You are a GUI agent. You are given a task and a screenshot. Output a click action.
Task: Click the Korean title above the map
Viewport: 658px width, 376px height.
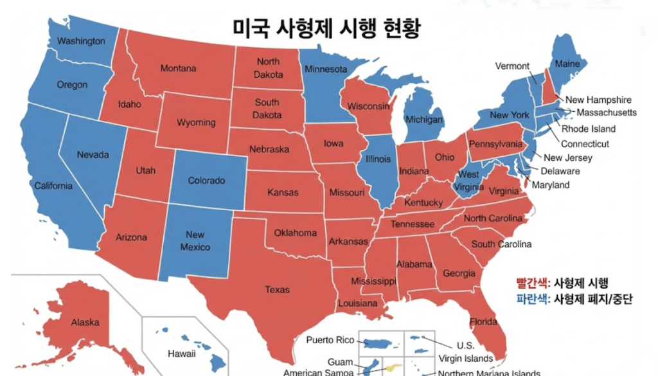tap(326, 29)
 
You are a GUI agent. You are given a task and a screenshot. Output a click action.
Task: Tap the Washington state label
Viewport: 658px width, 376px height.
tap(81, 41)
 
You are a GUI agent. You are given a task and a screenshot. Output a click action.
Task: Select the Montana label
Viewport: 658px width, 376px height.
tap(178, 69)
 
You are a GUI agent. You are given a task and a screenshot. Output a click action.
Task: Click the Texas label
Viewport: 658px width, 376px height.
tap(277, 290)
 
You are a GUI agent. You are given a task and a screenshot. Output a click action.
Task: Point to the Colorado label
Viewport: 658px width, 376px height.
tap(206, 181)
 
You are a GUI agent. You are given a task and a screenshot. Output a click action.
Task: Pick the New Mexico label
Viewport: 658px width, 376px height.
tap(195, 241)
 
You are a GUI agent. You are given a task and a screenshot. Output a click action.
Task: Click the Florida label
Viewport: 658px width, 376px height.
tap(483, 321)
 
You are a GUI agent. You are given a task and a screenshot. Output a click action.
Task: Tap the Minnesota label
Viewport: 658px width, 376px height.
tap(326, 69)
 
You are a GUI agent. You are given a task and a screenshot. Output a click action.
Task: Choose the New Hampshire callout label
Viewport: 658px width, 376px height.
tap(598, 100)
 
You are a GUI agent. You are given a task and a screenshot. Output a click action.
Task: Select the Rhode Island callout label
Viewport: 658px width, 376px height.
tap(589, 129)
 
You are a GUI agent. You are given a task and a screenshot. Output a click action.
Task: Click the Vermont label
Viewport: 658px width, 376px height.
tap(512, 66)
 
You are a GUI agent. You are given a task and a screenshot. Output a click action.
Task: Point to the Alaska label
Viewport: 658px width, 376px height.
tap(85, 322)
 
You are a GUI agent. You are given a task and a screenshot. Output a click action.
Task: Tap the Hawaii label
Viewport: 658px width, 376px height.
tap(181, 354)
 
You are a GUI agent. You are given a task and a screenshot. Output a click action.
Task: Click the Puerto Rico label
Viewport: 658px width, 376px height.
tap(330, 340)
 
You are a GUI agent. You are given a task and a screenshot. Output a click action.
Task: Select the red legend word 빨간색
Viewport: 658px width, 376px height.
tap(531, 283)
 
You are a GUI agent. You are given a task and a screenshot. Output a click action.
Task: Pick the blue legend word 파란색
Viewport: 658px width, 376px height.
tap(531, 299)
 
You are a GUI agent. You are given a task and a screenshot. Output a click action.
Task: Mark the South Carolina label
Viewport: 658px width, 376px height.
tap(501, 244)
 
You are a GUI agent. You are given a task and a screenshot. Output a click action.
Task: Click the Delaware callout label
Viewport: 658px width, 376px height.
tap(560, 171)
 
